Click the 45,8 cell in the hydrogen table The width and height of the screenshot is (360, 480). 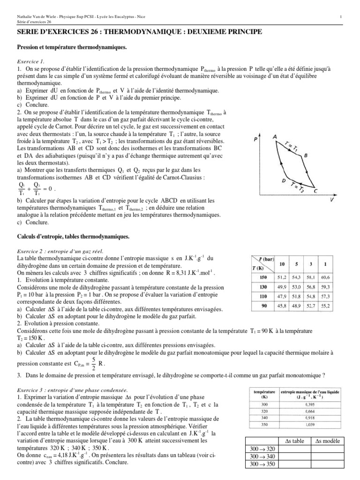pos(280,306)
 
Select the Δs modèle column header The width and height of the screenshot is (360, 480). pos(328,441)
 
